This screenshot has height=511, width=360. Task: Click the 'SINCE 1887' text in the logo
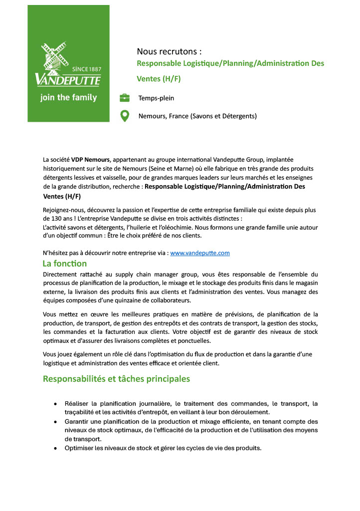pos(87,69)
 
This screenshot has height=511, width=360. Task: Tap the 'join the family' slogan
pos(68,97)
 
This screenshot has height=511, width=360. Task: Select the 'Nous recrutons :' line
pos(169,51)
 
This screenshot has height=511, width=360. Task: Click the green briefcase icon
pos(125,98)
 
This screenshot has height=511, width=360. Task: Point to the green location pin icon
pos(125,116)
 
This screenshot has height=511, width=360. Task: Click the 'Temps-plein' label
pos(156,98)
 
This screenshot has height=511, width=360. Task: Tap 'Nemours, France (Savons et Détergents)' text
pos(197,116)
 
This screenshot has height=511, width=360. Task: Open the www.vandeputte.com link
pos(200,253)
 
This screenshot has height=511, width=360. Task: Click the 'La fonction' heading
pos(65,263)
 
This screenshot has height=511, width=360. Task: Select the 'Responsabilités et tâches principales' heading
pos(116,379)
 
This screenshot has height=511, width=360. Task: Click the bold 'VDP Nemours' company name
pos(91,160)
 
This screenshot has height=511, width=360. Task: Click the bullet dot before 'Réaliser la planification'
pos(55,403)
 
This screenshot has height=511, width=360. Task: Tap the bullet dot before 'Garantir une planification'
pos(55,422)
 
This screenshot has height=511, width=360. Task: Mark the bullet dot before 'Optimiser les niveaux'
pos(55,448)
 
